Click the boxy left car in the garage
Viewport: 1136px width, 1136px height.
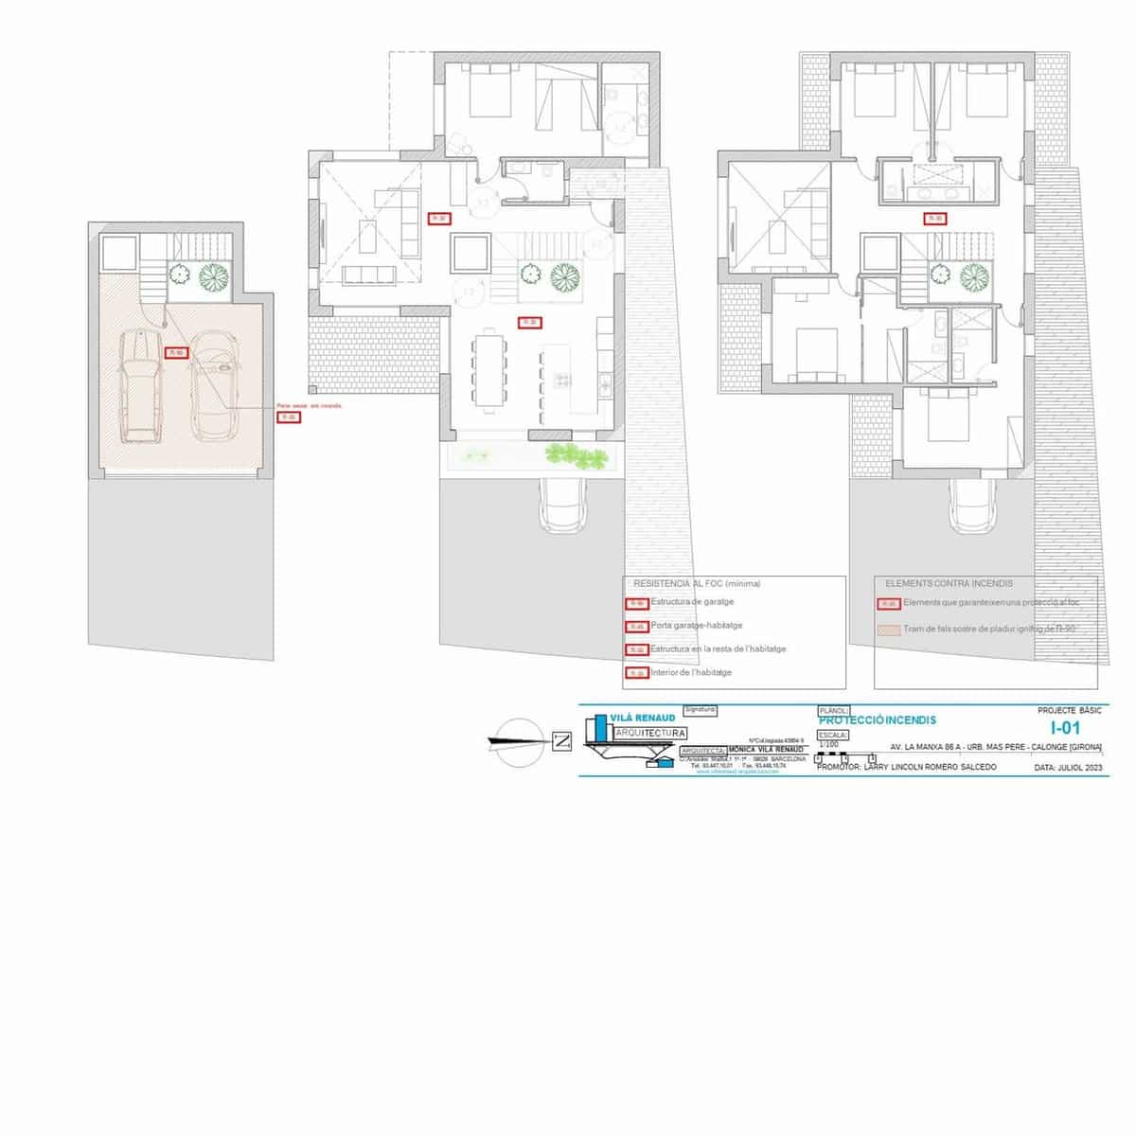(141, 386)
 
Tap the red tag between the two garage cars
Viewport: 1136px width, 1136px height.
(176, 353)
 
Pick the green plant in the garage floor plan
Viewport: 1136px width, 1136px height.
(216, 276)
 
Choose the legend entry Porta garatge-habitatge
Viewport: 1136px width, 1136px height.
(696, 626)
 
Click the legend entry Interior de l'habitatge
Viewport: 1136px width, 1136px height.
(691, 672)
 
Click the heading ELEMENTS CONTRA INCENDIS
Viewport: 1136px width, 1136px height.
(949, 584)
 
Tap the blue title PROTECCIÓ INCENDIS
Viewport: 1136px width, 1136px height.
(863, 720)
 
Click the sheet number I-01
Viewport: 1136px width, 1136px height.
(1065, 728)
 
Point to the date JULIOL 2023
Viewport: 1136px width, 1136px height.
(1069, 768)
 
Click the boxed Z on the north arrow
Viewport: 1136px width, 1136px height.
(561, 741)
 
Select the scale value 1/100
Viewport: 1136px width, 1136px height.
(828, 744)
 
